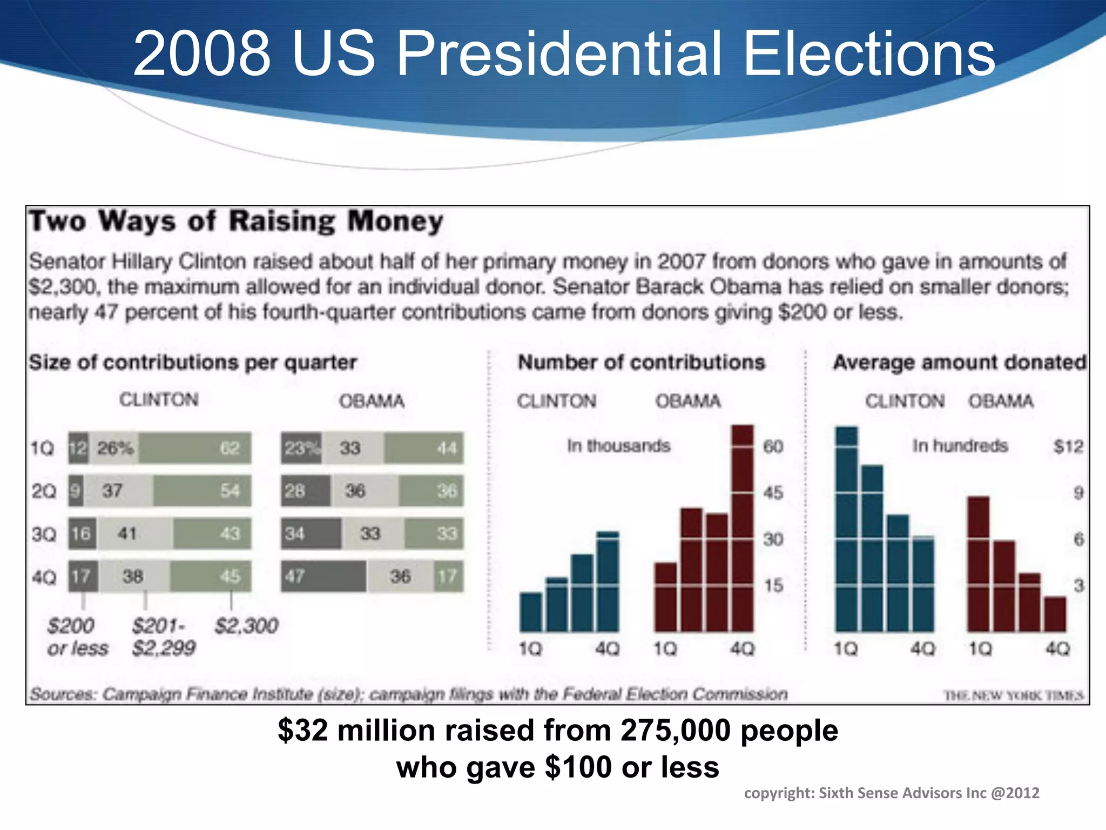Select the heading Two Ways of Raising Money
(236, 222)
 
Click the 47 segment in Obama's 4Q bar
(323, 576)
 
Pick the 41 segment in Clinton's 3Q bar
(134, 534)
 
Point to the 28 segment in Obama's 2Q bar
(305, 491)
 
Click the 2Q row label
(43, 491)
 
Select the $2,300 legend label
(246, 626)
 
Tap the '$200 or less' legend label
(77, 637)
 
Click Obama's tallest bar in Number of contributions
(742, 528)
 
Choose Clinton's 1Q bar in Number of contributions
(530, 612)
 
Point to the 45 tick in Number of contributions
(773, 493)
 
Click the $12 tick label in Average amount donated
(1068, 446)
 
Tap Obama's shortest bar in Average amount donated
(1055, 614)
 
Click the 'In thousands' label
(618, 446)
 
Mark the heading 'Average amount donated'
(959, 362)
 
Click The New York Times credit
(1013, 695)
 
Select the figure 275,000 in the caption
(676, 731)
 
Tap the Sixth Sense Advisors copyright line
(891, 793)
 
